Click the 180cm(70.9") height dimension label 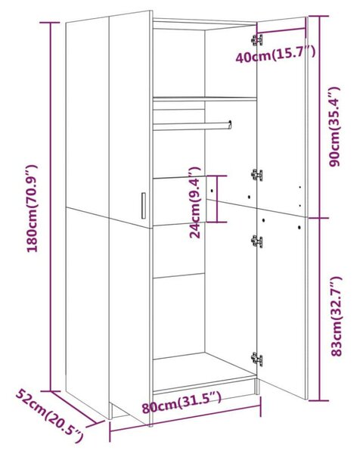coord(32,208)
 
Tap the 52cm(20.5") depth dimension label coord(49,417)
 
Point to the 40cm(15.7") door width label coord(275,54)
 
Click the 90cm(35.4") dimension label coord(334,126)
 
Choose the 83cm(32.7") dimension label coord(337,316)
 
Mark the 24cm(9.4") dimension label coord(195,202)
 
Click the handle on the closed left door coord(144,205)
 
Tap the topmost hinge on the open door coord(257,40)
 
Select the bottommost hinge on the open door coord(257,359)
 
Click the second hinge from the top coord(257,176)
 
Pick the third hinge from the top coord(257,241)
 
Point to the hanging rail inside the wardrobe coord(192,126)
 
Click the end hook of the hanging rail coord(230,125)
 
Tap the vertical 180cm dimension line coord(51,207)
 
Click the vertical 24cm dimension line coord(217,199)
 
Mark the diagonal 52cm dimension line coord(74,408)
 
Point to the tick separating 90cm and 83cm coord(319,218)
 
